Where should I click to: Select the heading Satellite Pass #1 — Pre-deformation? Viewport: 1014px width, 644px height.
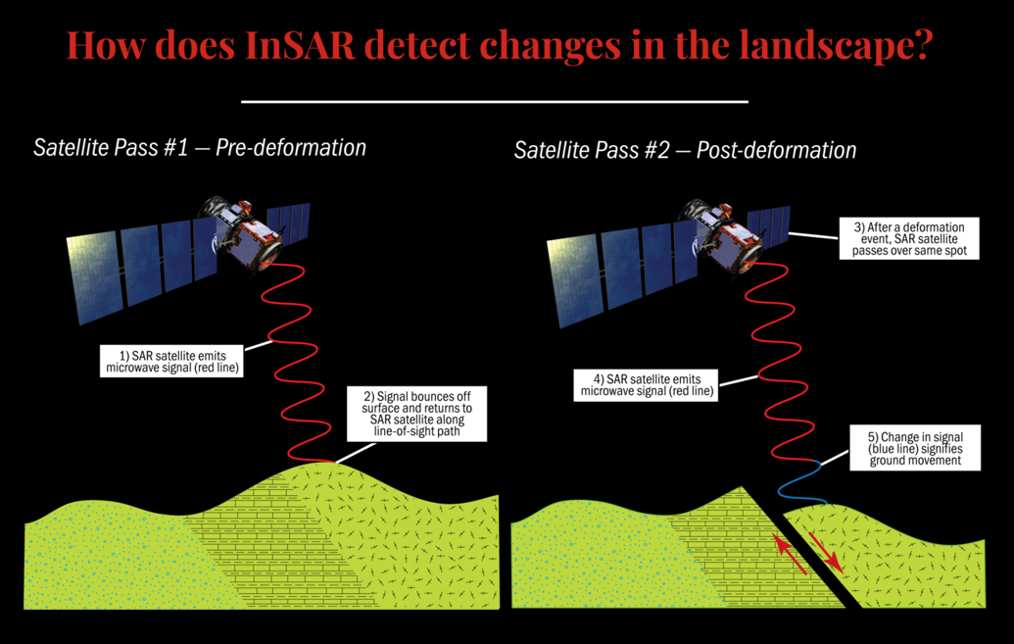pyautogui.click(x=200, y=148)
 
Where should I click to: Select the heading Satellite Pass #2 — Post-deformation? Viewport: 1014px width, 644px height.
pyautogui.click(x=685, y=150)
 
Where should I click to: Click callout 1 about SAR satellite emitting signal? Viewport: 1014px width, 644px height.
pyautogui.click(x=172, y=360)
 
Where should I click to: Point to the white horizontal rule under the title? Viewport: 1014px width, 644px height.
pyautogui.click(x=494, y=100)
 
